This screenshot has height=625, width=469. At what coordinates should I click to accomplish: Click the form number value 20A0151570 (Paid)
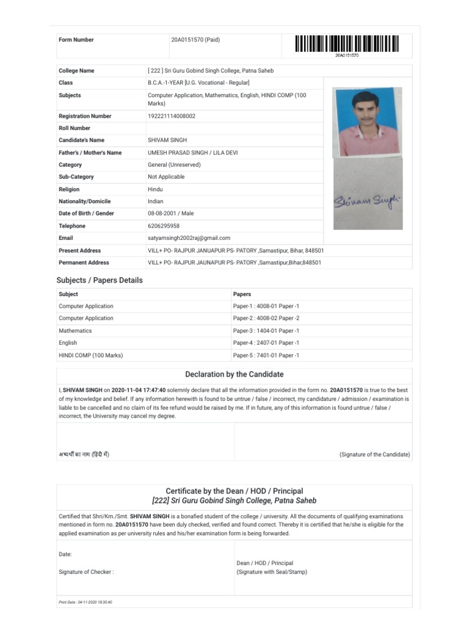click(x=195, y=40)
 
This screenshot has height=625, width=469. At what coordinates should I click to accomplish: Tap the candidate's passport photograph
click(x=367, y=122)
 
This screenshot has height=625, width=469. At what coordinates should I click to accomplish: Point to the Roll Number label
click(x=75, y=128)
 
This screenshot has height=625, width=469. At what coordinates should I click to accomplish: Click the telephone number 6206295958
click(x=163, y=226)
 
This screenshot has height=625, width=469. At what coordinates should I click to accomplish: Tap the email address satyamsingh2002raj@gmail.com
click(x=189, y=238)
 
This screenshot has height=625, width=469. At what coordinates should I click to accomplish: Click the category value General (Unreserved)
click(x=174, y=165)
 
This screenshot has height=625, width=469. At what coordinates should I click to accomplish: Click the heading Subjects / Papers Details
click(x=100, y=280)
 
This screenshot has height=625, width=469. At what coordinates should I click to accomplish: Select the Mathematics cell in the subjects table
click(x=75, y=331)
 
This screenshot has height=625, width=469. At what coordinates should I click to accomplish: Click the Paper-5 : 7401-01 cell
click(x=266, y=355)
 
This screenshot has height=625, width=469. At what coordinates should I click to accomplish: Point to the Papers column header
click(x=242, y=294)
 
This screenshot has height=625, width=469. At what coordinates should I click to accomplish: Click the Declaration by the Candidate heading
click(x=234, y=374)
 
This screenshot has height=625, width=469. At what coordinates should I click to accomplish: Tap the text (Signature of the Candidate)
click(x=374, y=455)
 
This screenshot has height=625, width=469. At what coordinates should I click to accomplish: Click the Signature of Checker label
click(x=86, y=572)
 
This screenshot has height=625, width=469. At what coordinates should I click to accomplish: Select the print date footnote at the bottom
click(x=85, y=602)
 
